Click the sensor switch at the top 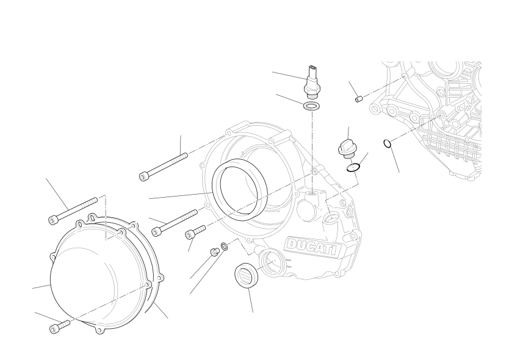pyautogui.click(x=312, y=82)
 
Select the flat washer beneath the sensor pyautogui.click(x=311, y=106)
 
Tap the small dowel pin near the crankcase pyautogui.click(x=358, y=99)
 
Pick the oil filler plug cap pyautogui.click(x=345, y=149)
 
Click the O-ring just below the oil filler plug pyautogui.click(x=353, y=168)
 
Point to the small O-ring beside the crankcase pyautogui.click(x=387, y=143)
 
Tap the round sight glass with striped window pyautogui.click(x=247, y=275)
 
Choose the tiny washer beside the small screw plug pyautogui.click(x=225, y=247)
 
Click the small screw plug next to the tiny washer pyautogui.click(x=214, y=252)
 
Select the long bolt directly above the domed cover pyautogui.click(x=73, y=211)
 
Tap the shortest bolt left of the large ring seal pyautogui.click(x=195, y=232)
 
